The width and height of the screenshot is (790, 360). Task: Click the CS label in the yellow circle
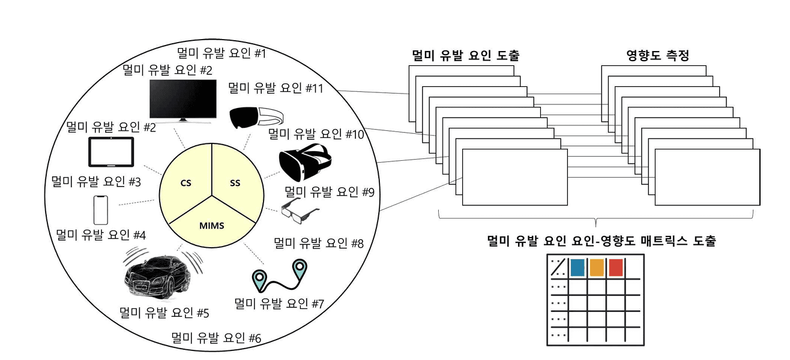185,182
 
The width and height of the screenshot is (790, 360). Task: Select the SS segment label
235,182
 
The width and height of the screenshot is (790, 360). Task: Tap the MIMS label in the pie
211,225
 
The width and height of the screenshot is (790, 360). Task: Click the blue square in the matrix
577,268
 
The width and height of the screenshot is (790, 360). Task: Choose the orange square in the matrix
597,268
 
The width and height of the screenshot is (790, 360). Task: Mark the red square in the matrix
616,268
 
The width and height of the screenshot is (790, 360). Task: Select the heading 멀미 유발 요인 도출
465,56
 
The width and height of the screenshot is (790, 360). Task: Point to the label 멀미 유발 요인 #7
279,303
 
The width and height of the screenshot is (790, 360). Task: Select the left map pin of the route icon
259,278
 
